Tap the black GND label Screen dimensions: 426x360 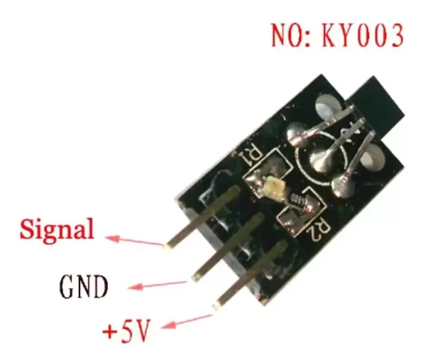coord(84,287)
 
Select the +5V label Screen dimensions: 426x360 coord(126,331)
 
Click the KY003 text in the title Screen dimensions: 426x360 coord(363,36)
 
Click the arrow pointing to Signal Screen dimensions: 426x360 coord(134,241)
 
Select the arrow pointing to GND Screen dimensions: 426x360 coord(158,285)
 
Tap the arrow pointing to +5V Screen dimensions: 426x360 coord(187,322)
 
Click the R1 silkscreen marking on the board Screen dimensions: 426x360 coord(251,156)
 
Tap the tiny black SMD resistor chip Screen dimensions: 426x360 coord(298,199)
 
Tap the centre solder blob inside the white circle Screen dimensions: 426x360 coord(322,160)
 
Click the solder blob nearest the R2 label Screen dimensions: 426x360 coord(343,186)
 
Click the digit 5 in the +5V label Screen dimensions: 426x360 coord(128,331)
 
